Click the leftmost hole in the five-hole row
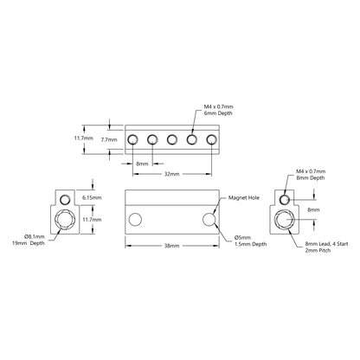(132, 138)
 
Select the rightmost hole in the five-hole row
(210, 138)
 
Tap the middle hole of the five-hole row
(171, 138)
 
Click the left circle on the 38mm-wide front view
(134, 222)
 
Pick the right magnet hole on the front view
(209, 222)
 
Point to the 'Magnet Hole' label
(244, 197)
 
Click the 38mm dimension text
(171, 247)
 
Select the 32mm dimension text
(170, 173)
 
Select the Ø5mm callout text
(243, 236)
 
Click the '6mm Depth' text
(219, 112)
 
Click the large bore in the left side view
(65, 220)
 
